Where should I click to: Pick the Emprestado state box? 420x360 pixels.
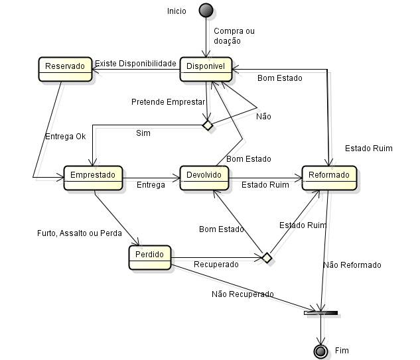(x=93, y=177)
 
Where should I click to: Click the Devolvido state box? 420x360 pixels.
(x=205, y=177)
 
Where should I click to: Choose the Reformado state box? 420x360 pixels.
(x=330, y=177)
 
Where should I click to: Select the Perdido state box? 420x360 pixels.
(x=149, y=257)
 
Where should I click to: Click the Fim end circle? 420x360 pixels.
(x=321, y=350)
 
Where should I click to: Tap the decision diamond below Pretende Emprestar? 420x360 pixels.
(x=208, y=125)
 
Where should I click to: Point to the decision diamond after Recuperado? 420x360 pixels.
(x=267, y=257)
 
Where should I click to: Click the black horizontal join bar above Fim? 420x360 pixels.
(x=321, y=312)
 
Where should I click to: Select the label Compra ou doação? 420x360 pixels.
(x=234, y=36)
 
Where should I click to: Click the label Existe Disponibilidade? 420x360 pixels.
(x=135, y=64)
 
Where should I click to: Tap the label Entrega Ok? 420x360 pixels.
(x=65, y=137)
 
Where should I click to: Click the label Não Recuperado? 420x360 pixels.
(x=242, y=294)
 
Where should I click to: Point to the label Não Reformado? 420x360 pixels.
(x=352, y=265)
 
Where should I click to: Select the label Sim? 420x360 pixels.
(x=143, y=133)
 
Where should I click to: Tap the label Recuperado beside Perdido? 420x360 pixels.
(x=216, y=265)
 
